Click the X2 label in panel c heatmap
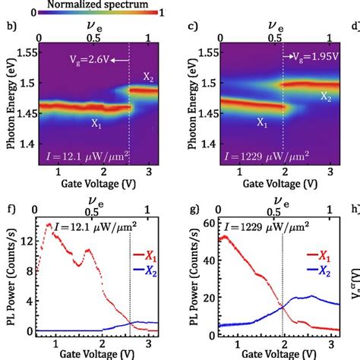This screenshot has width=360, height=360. click(325, 96)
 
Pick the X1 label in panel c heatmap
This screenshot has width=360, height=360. click(262, 122)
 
